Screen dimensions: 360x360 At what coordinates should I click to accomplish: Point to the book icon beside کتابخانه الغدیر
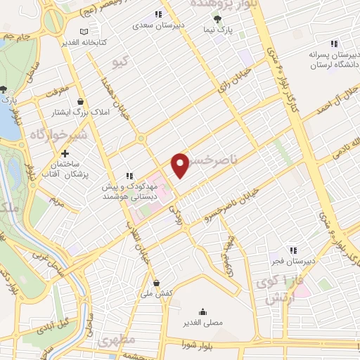pos(84,31)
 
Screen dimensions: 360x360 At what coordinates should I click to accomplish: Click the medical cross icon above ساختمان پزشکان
pos(65,153)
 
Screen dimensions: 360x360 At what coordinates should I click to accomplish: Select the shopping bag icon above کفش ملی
pos(164,283)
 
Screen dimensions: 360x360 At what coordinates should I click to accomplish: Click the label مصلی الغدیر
pos(202,323)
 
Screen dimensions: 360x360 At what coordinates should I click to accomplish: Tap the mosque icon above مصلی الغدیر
pos(202,312)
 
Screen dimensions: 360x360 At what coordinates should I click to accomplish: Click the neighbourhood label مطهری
pos(117,341)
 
